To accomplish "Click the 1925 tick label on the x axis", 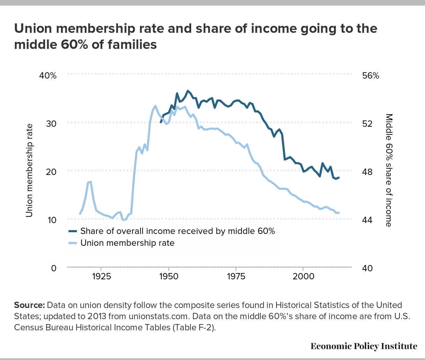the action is [102, 277].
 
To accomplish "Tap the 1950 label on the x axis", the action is [169, 277].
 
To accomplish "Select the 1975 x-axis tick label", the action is [236, 277].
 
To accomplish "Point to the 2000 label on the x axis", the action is [303, 277].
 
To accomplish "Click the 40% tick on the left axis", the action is [48, 76].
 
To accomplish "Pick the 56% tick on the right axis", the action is [370, 76].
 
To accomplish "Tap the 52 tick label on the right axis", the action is [367, 124].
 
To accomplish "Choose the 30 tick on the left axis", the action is [51, 124].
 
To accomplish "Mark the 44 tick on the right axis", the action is [367, 220].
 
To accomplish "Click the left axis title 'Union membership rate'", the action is [29, 170].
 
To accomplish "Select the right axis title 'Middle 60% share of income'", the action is [389, 170].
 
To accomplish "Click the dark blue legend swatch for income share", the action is [73, 231].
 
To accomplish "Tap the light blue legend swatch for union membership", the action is [73, 243].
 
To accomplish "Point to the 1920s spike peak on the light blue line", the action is [91, 182].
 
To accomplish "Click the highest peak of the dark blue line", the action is [188, 91].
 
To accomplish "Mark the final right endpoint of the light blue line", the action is [339, 213].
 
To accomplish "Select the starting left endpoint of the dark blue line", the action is [161, 122].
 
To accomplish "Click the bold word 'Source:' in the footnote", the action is [29, 305].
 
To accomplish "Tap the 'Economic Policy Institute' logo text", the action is [364, 346].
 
